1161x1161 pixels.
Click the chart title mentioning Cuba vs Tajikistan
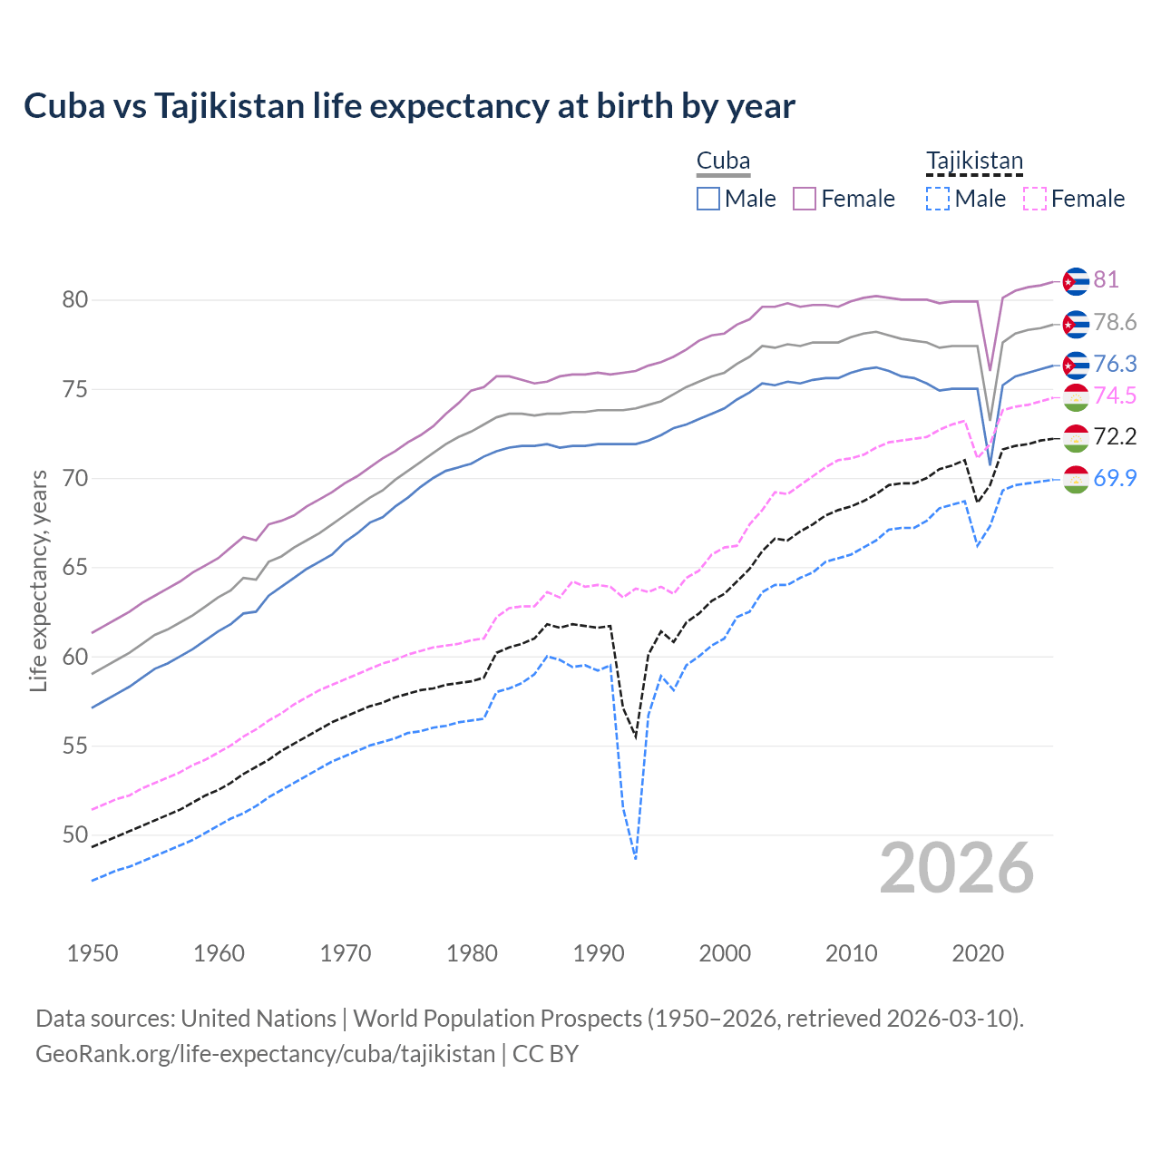click(x=409, y=106)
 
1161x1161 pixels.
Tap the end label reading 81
click(x=1106, y=279)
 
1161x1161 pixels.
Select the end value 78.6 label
click(x=1115, y=322)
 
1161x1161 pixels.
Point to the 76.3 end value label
click(x=1115, y=364)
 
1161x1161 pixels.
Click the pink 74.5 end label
click(x=1115, y=395)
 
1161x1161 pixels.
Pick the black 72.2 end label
click(x=1115, y=436)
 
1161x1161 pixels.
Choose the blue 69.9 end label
click(x=1115, y=478)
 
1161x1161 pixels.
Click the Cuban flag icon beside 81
click(x=1075, y=281)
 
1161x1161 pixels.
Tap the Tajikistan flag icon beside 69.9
click(x=1075, y=479)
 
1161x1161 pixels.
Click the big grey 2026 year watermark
click(x=956, y=868)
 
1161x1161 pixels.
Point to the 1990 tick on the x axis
click(x=599, y=953)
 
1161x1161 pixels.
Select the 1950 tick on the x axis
click(x=93, y=953)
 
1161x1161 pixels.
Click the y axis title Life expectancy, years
click(x=38, y=580)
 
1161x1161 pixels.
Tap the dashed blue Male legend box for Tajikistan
click(x=938, y=199)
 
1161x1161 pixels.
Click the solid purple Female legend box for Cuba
click(x=805, y=199)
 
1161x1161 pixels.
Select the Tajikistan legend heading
click(x=974, y=161)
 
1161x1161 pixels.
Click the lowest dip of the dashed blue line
click(x=636, y=858)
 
